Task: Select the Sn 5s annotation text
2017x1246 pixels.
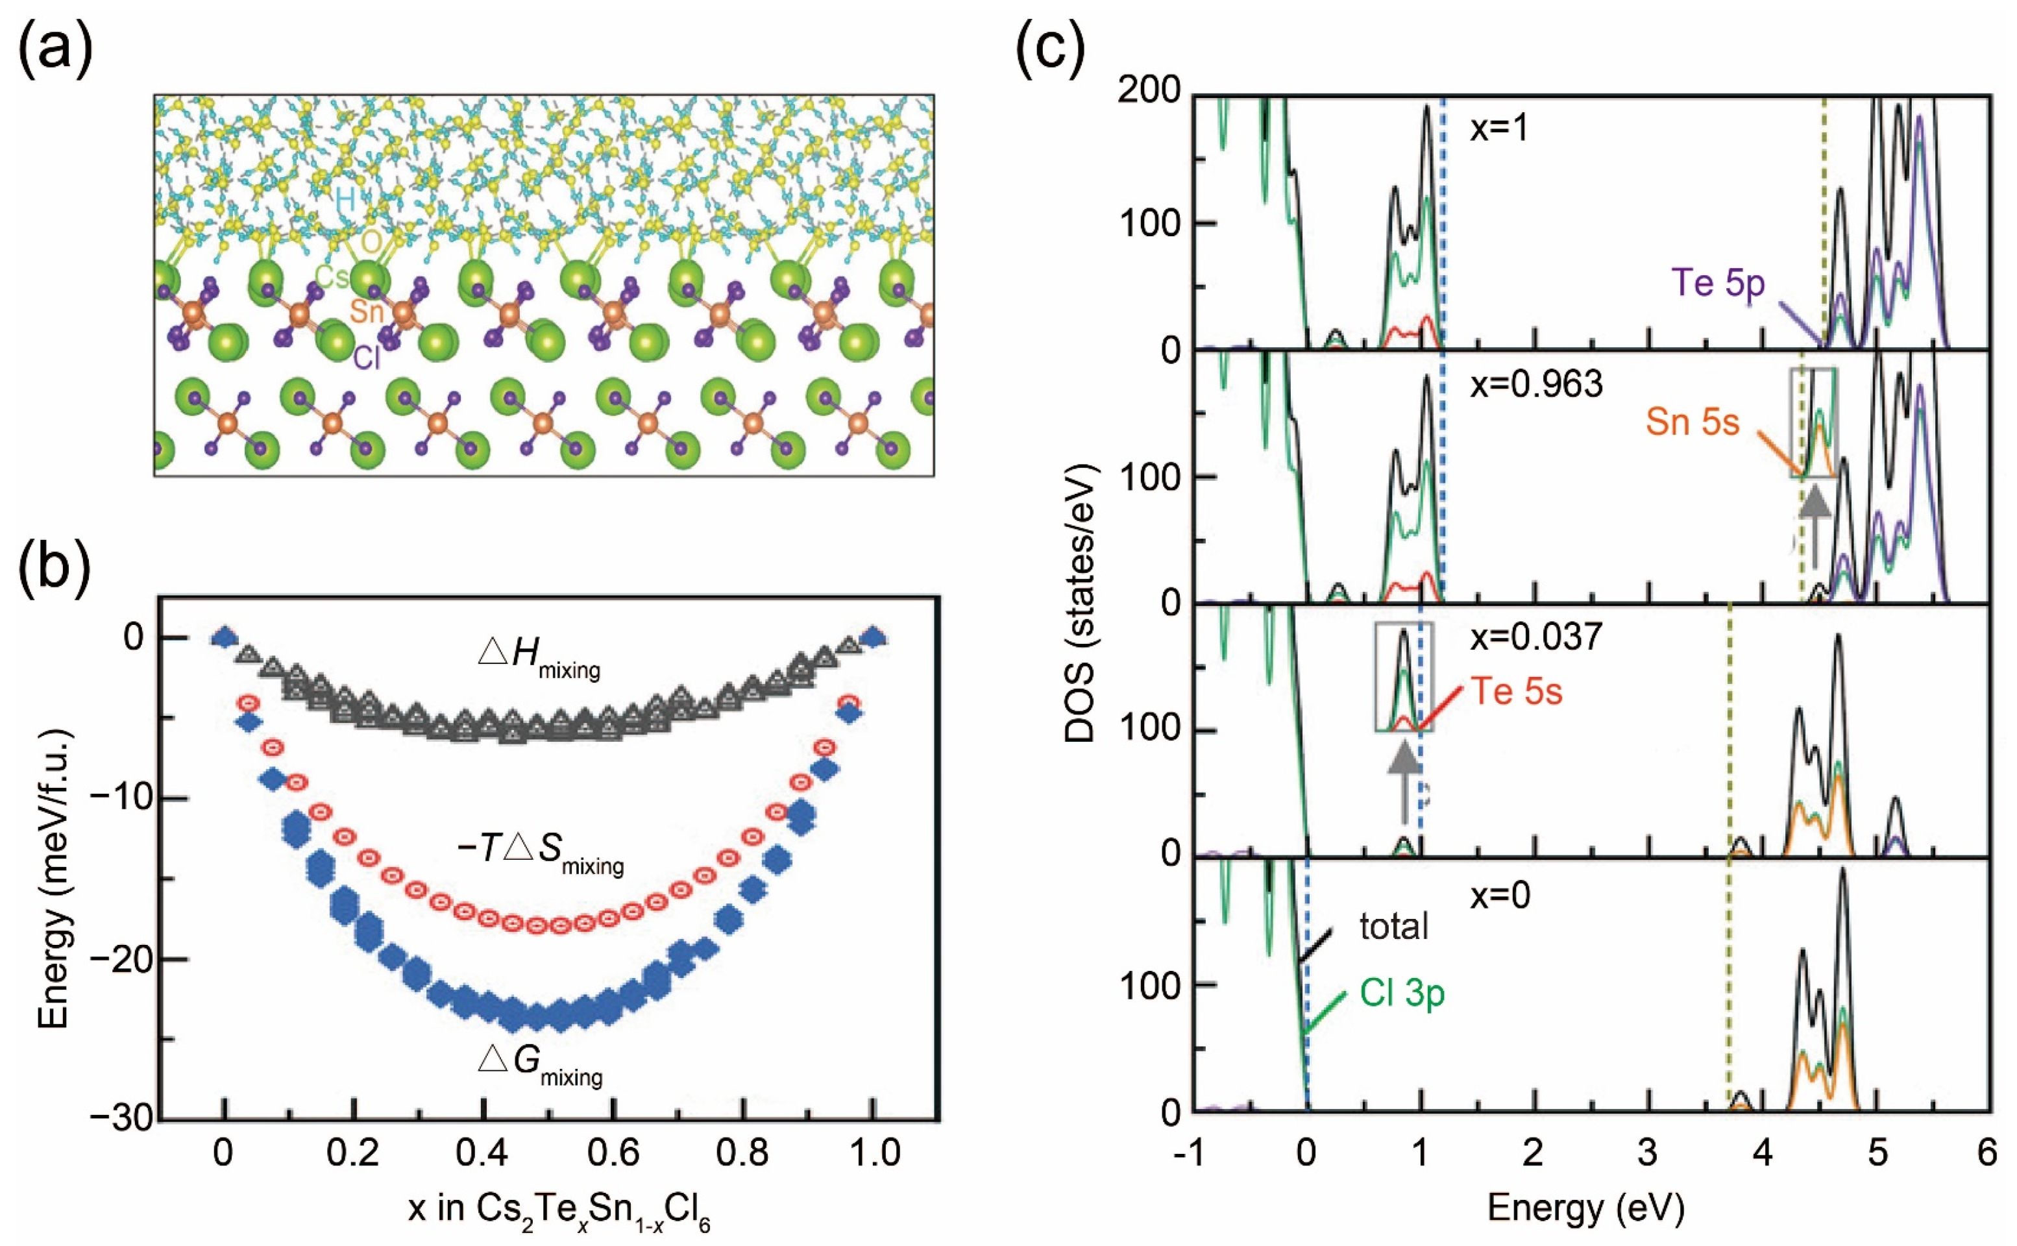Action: point(1693,422)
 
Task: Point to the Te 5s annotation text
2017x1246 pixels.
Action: point(1516,691)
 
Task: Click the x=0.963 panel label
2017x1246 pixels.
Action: point(1536,384)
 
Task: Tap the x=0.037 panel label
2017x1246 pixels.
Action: point(1536,637)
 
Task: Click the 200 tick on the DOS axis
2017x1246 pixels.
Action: point(1150,92)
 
